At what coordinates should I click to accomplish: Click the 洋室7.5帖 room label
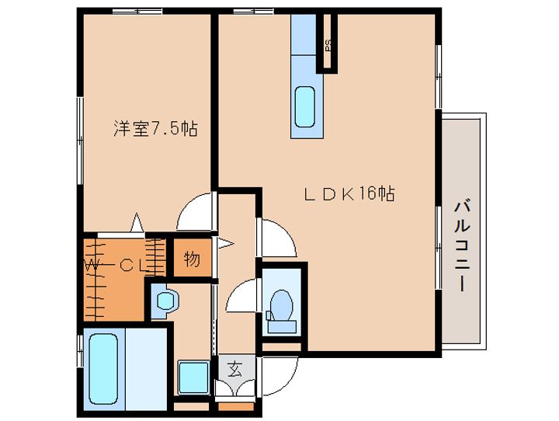coord(155,128)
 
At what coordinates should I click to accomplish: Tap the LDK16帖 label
coord(349,193)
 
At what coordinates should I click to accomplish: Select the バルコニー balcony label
coord(461,246)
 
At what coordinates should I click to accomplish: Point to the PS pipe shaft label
coord(328,44)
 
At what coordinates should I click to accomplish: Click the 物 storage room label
coord(192,259)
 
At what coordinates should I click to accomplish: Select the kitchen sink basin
coord(305,107)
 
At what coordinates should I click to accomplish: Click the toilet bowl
coord(282,305)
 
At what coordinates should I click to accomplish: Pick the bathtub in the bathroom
coord(103,368)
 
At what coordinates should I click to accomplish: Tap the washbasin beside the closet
coord(165,301)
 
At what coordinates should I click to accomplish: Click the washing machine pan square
coord(193,378)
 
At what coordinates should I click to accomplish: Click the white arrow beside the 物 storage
coord(226,244)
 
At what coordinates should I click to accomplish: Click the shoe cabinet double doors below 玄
coord(235,388)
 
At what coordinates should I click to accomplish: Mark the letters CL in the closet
coord(132,265)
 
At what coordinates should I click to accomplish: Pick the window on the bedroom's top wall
coord(137,11)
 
